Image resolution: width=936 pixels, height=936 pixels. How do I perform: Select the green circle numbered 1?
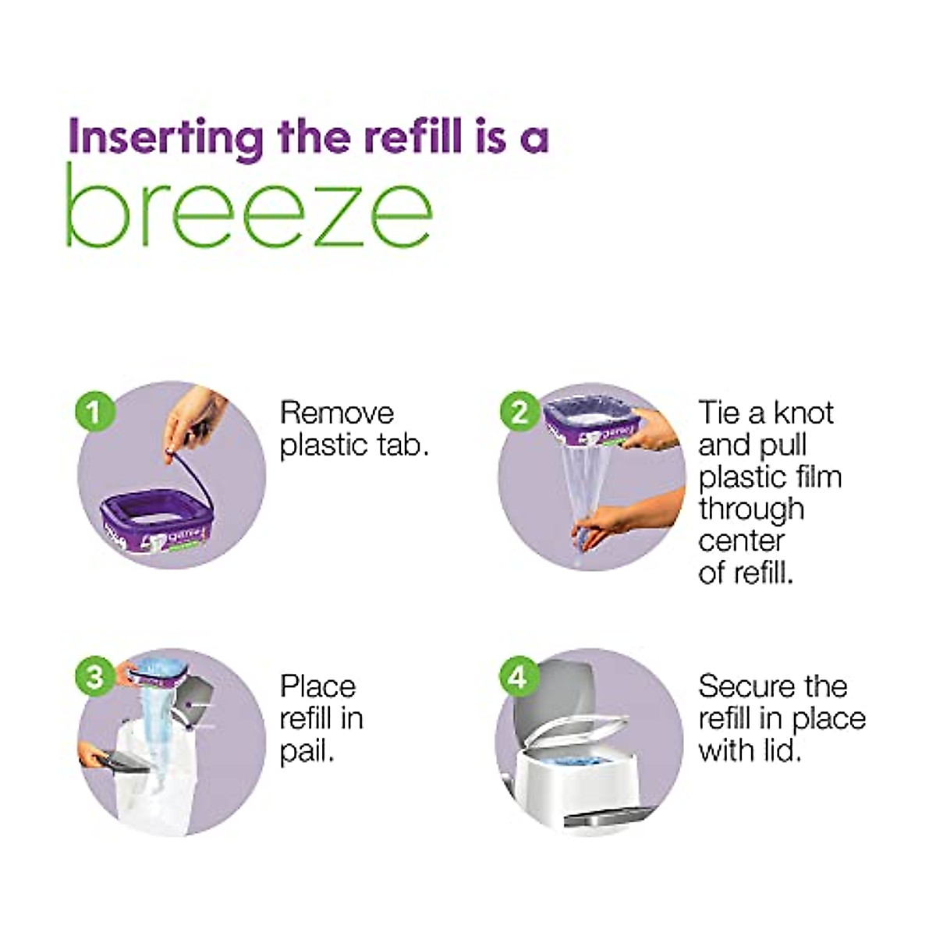(95, 411)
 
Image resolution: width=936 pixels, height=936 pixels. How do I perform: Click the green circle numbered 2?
(519, 411)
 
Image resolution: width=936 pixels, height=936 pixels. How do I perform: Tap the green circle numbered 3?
(95, 675)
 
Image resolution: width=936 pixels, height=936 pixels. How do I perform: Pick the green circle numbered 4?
(517, 676)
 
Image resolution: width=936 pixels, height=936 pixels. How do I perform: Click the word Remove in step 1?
(337, 413)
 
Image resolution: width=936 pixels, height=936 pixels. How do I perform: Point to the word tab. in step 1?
(402, 445)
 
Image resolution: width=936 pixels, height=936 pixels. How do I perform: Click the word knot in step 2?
(803, 413)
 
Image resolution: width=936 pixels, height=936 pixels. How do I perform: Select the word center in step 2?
(741, 541)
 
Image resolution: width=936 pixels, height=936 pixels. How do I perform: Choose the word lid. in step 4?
(781, 750)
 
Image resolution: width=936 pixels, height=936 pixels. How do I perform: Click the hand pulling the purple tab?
(191, 421)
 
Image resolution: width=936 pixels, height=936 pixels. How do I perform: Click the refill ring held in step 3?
(156, 671)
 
